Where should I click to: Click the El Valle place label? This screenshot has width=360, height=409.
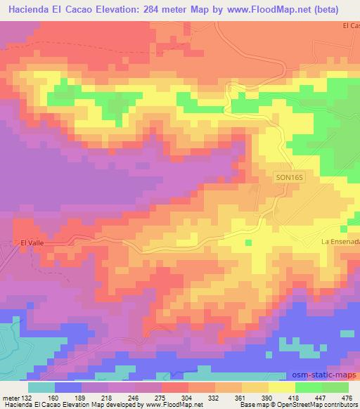pos(32,242)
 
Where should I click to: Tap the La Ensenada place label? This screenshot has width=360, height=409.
pos(340,242)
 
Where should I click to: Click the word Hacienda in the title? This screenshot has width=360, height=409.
pos(30,9)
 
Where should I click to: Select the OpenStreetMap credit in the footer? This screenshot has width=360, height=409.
pos(331,405)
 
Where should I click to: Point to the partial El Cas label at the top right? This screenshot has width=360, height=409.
pos(350,25)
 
